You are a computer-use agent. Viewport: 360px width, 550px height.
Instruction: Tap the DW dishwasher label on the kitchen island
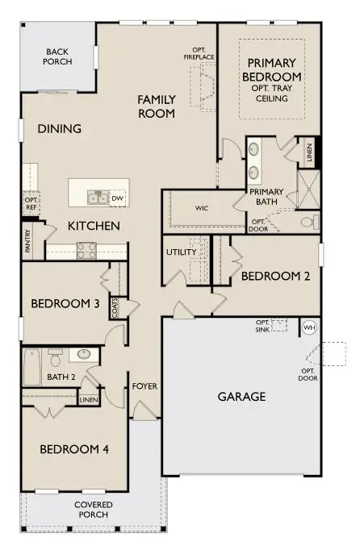[117, 198]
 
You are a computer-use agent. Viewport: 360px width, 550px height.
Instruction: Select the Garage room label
[241, 397]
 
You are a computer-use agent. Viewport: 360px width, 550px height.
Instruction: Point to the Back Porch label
[59, 56]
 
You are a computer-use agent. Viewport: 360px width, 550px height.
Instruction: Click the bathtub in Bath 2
[31, 367]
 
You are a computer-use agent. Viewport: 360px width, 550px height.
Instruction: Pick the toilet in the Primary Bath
[308, 221]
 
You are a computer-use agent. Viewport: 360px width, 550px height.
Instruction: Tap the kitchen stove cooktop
[86, 251]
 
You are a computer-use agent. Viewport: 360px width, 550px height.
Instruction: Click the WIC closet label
[202, 207]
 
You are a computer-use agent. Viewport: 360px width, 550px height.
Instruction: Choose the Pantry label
[27, 242]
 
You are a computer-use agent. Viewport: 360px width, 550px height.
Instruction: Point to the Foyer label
[144, 386]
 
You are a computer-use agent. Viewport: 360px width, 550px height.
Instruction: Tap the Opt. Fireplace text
[198, 53]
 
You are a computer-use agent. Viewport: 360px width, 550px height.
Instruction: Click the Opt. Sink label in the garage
[262, 324]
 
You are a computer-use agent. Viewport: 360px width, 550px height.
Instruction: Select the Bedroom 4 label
[74, 449]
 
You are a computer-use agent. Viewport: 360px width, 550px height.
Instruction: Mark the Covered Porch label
[94, 510]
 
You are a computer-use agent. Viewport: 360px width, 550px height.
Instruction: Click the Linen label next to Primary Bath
[309, 152]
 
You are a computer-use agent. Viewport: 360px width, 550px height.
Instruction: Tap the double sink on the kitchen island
[98, 198]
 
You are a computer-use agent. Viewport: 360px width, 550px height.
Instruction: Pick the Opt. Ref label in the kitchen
[31, 202]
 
